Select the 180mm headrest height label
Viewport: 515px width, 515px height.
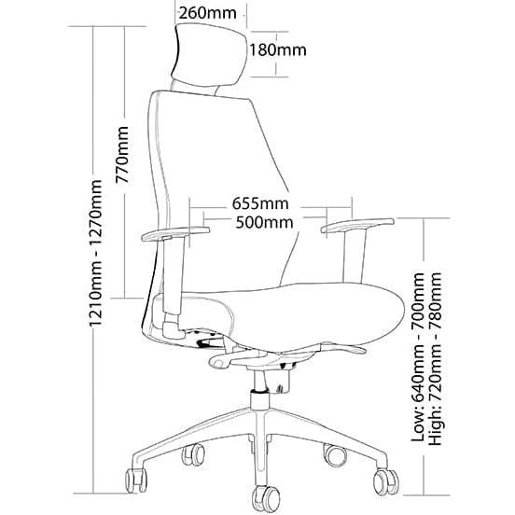point(276,49)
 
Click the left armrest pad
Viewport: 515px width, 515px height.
point(174,232)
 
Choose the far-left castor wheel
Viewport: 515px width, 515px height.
point(138,479)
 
